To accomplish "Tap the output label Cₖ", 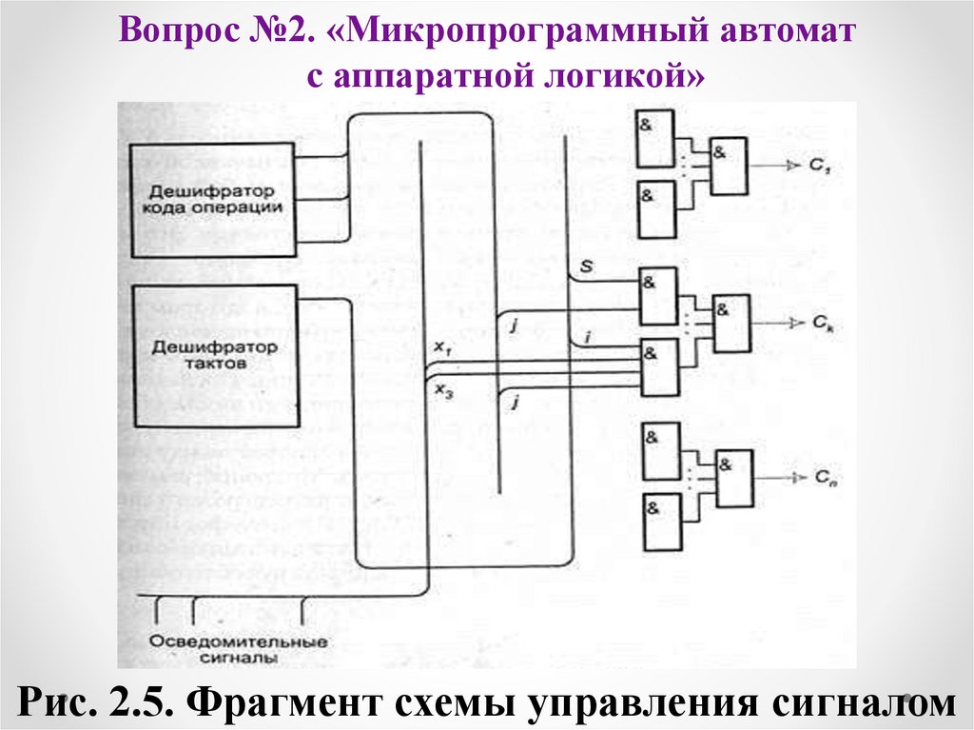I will [823, 324].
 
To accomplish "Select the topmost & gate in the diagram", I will [656, 140].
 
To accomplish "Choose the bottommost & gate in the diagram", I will [659, 522].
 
